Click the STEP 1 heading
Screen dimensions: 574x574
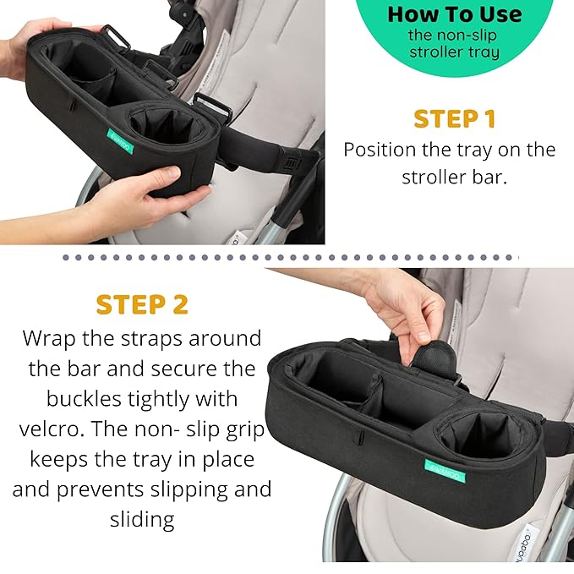(455, 118)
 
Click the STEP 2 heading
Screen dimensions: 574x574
(142, 304)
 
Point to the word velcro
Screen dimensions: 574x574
(57, 428)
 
